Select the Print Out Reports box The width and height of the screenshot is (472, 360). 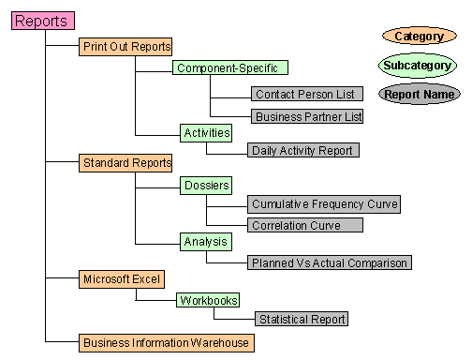(126, 46)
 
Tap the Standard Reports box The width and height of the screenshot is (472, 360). (126, 163)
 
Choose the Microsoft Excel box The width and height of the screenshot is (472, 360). (123, 278)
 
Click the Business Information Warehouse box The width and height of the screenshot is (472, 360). (167, 342)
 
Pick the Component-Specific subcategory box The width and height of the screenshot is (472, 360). (230, 68)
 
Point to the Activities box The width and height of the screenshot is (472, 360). (206, 133)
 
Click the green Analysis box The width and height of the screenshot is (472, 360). (206, 242)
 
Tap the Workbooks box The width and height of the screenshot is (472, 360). (208, 301)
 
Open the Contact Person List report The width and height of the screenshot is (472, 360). (306, 95)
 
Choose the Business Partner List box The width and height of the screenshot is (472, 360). (306, 116)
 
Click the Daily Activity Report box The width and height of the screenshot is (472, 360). (304, 150)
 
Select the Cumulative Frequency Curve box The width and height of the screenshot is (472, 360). (324, 203)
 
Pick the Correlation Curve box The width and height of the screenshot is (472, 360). (306, 225)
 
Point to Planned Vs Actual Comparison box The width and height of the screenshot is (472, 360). (329, 262)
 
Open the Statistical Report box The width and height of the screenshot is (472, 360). (302, 320)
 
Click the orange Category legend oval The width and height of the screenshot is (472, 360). (419, 37)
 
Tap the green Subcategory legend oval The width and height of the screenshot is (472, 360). (419, 65)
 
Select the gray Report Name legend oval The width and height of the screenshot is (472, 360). (419, 94)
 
